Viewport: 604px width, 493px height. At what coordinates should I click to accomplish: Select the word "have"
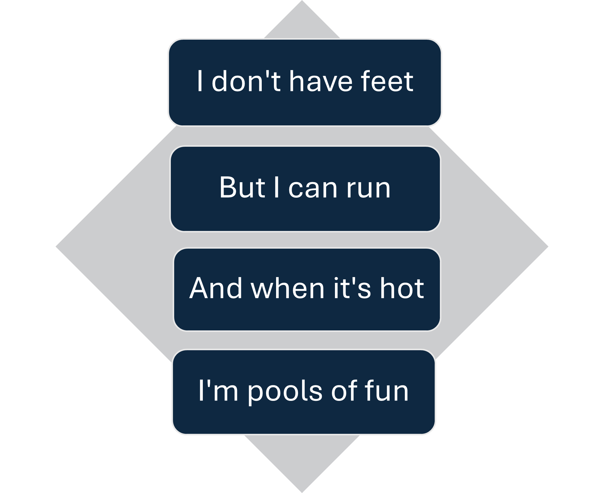(x=320, y=81)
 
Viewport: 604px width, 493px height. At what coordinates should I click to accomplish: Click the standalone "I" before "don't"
(x=200, y=81)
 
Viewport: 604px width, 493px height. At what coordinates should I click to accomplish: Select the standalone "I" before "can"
(x=276, y=187)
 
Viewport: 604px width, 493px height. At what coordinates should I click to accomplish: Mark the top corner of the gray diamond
(x=302, y=1)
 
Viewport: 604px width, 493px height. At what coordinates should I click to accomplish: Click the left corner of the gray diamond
(x=56, y=246)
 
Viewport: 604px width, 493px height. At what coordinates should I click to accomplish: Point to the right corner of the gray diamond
(x=547, y=246)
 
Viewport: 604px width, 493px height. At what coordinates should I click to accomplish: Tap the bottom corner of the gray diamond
(x=302, y=491)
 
